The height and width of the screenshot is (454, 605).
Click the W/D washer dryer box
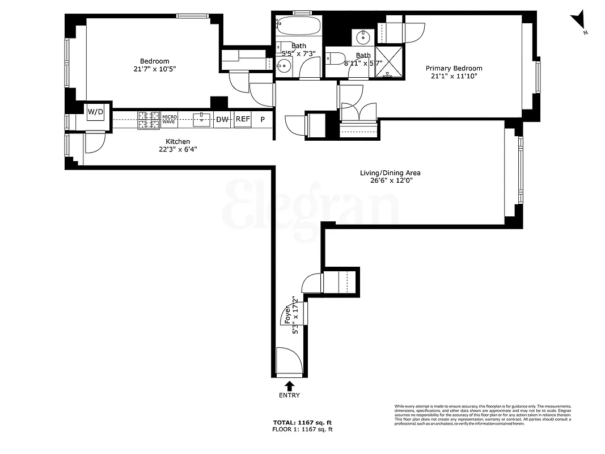click(x=95, y=112)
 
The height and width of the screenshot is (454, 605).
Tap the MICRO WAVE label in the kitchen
click(x=170, y=119)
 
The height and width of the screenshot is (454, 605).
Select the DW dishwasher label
click(x=222, y=119)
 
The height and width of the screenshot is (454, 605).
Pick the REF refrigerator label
click(x=243, y=119)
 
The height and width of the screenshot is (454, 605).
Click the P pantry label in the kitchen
click(x=263, y=119)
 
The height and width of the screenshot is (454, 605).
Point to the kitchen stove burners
click(x=149, y=119)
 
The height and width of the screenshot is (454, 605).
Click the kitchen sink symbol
click(x=201, y=119)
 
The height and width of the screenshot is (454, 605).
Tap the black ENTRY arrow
click(x=289, y=385)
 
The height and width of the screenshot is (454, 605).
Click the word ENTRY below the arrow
click(x=289, y=396)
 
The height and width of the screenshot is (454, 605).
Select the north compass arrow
click(x=579, y=22)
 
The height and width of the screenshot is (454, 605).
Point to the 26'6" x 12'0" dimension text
click(x=390, y=181)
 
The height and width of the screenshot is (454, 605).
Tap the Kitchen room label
click(x=177, y=141)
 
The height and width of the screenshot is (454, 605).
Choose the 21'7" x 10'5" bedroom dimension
click(x=154, y=69)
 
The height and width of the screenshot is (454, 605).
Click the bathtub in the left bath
click(x=298, y=25)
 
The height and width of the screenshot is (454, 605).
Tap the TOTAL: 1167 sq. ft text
click(x=302, y=423)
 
